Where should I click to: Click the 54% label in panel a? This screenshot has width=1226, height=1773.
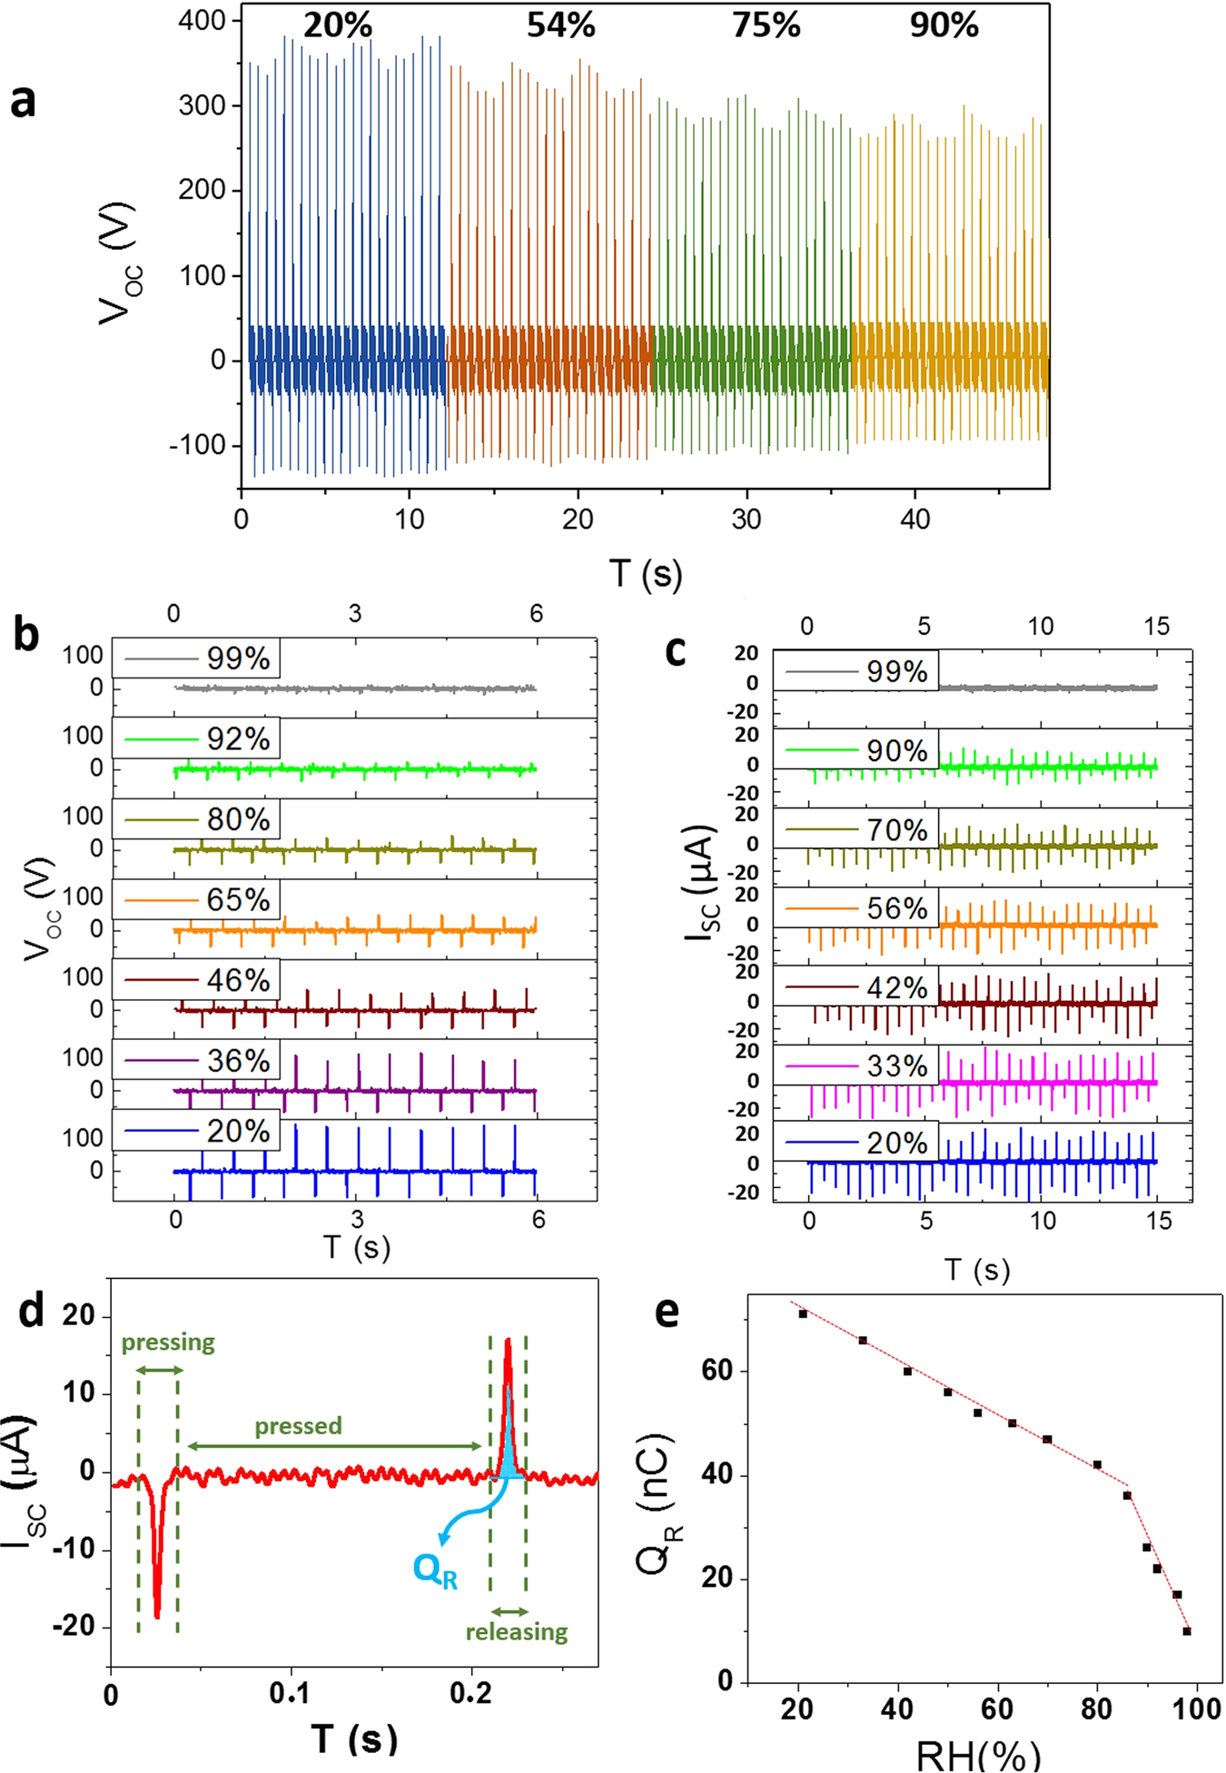coord(560,25)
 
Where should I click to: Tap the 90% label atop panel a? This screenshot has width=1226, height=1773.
coord(944,25)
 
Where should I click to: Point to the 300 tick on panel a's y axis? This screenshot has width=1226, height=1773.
coord(202,105)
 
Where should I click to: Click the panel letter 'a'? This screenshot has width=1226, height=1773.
coord(24,101)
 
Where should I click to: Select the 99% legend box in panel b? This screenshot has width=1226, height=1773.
coord(196,659)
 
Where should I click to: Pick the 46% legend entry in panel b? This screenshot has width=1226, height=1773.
coord(196,980)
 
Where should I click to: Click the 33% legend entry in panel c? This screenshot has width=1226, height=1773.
coord(856,1065)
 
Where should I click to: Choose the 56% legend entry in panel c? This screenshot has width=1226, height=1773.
coord(856,908)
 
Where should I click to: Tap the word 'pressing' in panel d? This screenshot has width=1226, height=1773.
coord(168,1342)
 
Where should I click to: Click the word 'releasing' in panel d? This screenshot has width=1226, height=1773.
coord(516,1632)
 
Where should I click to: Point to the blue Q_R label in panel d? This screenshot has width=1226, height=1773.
coord(435,1570)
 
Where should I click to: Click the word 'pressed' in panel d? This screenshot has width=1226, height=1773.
coord(298,1426)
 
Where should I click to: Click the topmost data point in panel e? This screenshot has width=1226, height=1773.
coord(803,1314)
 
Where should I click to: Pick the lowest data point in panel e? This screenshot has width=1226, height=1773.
coord(1187,1631)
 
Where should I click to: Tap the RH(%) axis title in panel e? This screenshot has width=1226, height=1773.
coord(977,1755)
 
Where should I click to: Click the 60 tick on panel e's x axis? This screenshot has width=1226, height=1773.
coord(997,1709)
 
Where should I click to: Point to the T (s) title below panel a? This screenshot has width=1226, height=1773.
coord(646,574)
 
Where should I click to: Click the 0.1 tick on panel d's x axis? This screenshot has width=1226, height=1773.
coord(291,1693)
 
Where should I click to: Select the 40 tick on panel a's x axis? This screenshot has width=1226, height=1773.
coord(915,520)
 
